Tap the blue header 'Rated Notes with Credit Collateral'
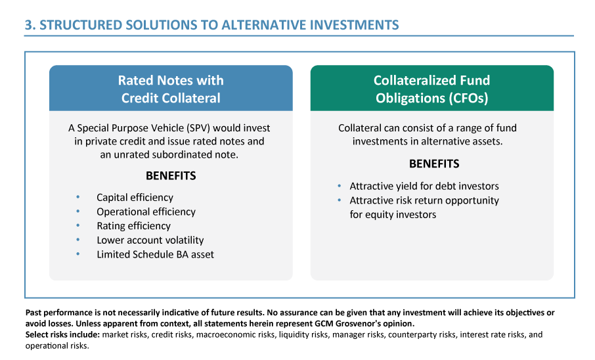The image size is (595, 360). click(x=171, y=89)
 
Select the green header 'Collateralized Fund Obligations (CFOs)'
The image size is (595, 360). click(x=431, y=89)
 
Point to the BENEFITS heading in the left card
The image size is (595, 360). click(x=171, y=176)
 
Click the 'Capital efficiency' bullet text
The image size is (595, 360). click(x=135, y=197)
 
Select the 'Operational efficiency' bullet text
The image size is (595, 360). click(x=146, y=212)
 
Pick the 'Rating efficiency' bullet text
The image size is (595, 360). click(x=133, y=226)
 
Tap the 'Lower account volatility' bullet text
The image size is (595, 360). click(x=150, y=240)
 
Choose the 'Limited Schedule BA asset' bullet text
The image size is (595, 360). click(x=155, y=254)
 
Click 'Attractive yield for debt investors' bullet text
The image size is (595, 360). click(x=424, y=186)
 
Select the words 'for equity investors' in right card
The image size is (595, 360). click(x=393, y=214)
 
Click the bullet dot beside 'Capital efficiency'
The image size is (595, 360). click(x=78, y=197)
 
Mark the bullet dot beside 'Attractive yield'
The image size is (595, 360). click(x=340, y=186)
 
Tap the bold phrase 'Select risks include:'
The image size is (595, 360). click(x=62, y=334)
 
